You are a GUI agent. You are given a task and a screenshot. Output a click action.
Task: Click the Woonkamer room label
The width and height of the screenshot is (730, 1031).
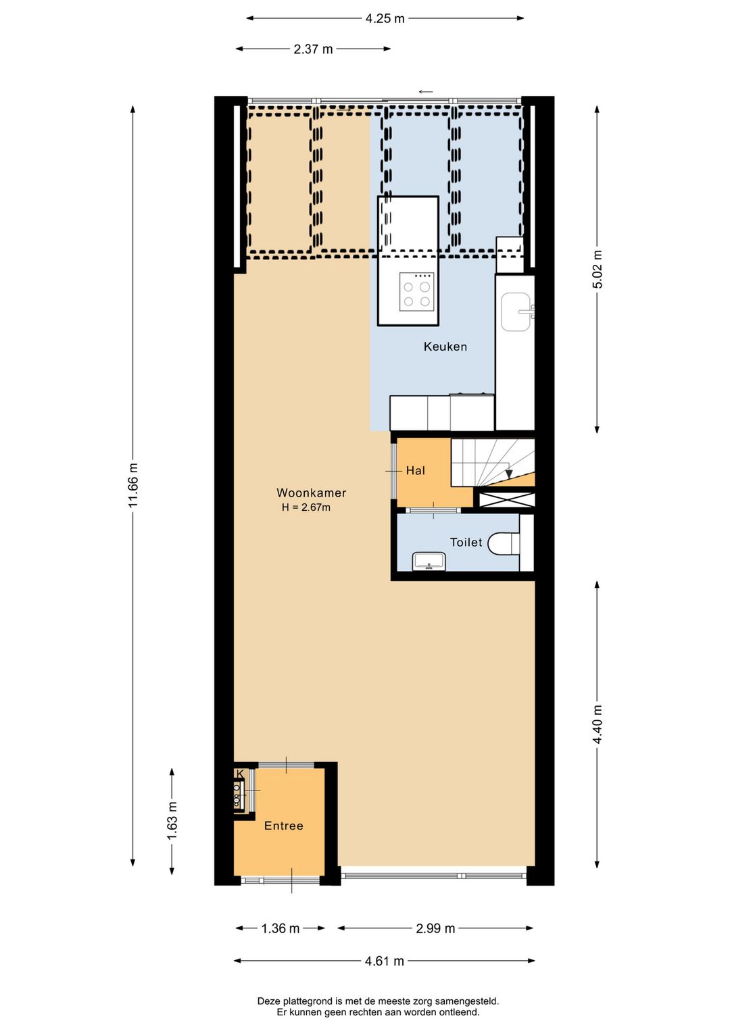(311, 493)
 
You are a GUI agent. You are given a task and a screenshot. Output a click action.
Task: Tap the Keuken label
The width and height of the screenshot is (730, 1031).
(445, 347)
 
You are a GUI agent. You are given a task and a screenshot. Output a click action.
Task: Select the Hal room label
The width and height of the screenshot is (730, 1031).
(415, 471)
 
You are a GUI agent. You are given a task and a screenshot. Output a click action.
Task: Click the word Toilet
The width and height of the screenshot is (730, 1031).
(466, 543)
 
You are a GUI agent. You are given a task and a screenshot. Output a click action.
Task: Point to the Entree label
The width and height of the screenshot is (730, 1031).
(283, 826)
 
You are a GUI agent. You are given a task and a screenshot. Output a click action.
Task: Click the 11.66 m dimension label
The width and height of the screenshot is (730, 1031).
(133, 485)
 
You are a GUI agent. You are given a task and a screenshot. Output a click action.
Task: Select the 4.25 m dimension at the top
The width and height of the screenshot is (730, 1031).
(385, 18)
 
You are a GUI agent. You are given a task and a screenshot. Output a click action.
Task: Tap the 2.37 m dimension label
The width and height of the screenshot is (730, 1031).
(313, 49)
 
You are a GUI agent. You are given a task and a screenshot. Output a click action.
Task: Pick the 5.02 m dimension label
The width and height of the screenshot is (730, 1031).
(598, 269)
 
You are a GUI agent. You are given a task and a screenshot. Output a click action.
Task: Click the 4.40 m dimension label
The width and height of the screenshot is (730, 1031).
(598, 724)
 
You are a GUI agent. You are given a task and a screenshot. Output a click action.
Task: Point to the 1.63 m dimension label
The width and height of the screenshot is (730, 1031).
(172, 821)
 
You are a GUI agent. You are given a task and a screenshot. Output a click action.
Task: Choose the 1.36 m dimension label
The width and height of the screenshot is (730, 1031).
(280, 928)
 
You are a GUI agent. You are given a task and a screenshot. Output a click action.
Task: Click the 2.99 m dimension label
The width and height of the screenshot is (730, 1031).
(435, 928)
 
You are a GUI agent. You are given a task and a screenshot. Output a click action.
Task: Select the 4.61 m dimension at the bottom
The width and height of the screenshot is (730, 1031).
(384, 961)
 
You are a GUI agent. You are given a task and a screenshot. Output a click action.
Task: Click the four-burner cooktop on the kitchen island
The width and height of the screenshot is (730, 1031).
(416, 292)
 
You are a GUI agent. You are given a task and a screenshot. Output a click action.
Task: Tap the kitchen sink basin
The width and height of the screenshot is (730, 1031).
(516, 311)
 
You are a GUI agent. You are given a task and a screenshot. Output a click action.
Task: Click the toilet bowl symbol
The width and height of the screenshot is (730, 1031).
(503, 543)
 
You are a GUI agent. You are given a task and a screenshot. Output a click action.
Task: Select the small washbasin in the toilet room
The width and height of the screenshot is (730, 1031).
(429, 561)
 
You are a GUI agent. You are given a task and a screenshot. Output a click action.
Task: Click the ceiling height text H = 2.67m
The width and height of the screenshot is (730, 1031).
(306, 507)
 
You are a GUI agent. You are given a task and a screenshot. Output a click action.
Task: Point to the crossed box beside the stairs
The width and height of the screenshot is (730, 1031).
(507, 500)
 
